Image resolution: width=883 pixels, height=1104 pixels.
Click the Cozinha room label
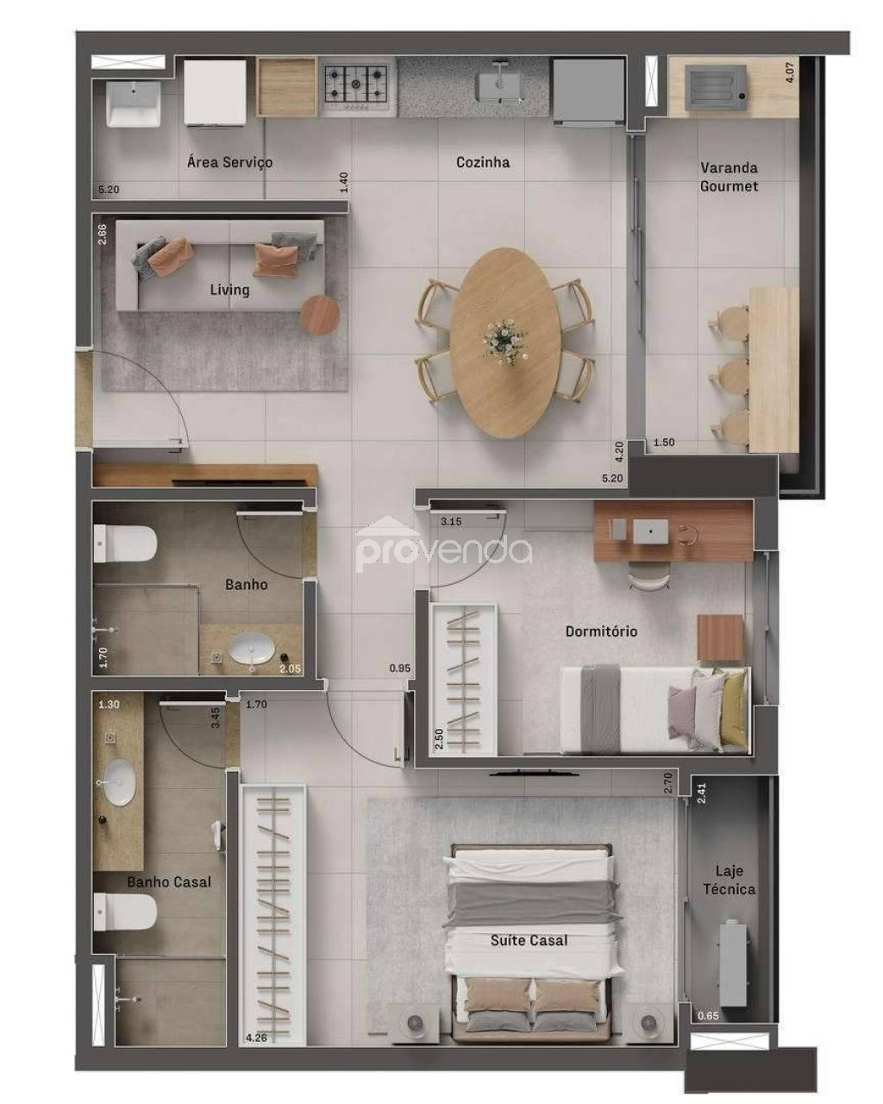coord(482,162)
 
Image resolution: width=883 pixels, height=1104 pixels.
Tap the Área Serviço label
coord(229,162)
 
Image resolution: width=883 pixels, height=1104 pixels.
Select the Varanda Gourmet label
coord(729,177)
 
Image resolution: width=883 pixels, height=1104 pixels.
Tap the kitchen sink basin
coord(498,85)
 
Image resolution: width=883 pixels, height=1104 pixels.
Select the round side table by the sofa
coord(320,315)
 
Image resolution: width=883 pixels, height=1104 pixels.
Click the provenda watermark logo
coord(443,547)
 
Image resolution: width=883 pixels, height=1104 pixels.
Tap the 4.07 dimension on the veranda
coord(789,72)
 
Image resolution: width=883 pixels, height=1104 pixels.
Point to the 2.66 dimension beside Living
coord(102,234)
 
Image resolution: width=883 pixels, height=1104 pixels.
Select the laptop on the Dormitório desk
coord(650,531)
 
